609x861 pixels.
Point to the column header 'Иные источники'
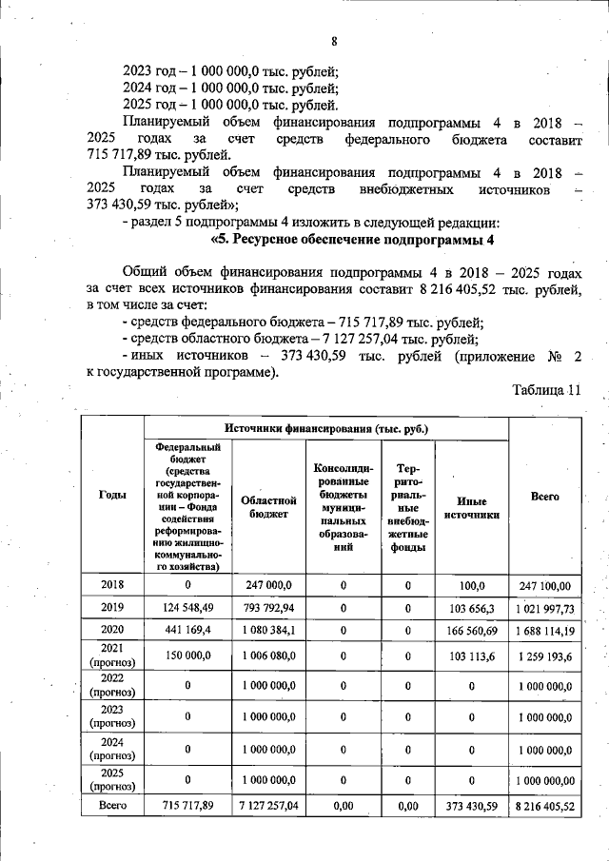click(x=471, y=505)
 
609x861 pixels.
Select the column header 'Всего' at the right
click(x=544, y=496)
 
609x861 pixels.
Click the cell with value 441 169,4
click(x=188, y=629)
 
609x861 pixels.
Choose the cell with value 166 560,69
click(x=471, y=629)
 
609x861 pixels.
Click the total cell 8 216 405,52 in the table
click(x=544, y=806)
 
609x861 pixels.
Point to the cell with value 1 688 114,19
click(x=544, y=629)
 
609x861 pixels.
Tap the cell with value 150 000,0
click(x=188, y=656)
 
